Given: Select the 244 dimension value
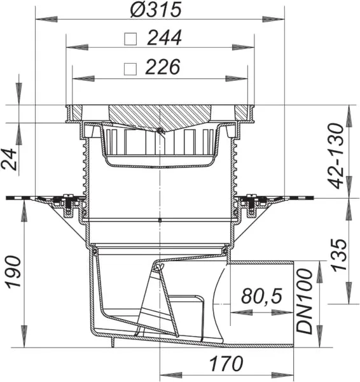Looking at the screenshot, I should coord(164,38).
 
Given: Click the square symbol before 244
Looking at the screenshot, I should coord(130,39).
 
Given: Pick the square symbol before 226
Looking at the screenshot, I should coord(130,67).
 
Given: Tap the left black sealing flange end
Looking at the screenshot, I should coord(14,199).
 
